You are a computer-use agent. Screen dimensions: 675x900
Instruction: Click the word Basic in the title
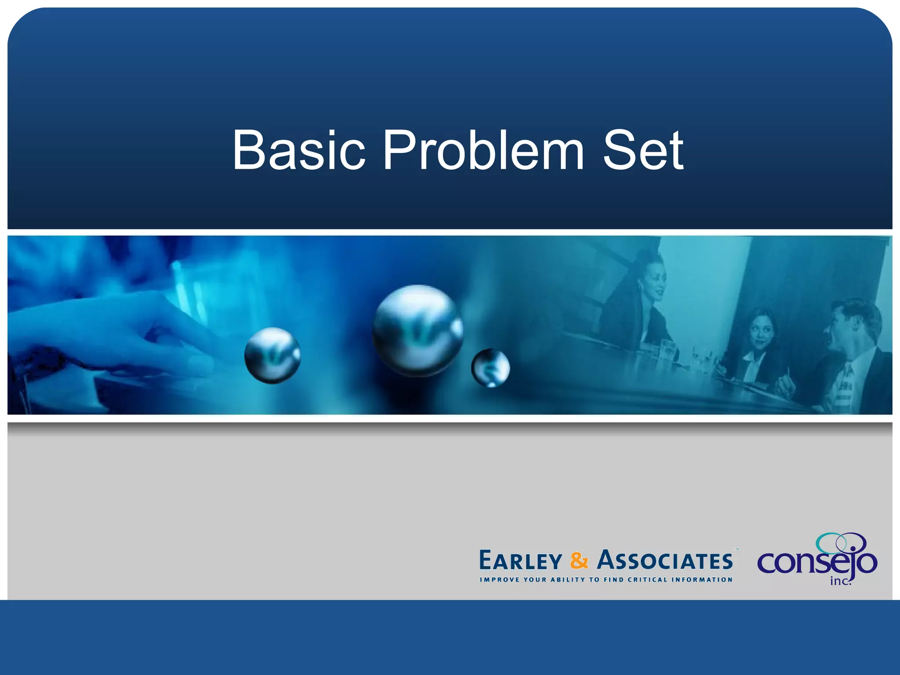pyautogui.click(x=298, y=150)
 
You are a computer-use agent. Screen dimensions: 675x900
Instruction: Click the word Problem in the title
pyautogui.click(x=483, y=150)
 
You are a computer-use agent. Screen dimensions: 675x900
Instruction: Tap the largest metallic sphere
pyautogui.click(x=417, y=330)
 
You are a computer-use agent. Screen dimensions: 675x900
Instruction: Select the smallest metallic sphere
pyautogui.click(x=490, y=368)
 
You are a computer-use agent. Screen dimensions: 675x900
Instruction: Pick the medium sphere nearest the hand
pyautogui.click(x=272, y=355)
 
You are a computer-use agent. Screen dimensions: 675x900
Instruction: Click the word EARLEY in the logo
pyautogui.click(x=521, y=561)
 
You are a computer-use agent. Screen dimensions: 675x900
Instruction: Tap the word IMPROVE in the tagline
pyautogui.click(x=500, y=580)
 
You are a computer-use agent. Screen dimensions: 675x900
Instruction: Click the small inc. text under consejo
pyautogui.click(x=840, y=581)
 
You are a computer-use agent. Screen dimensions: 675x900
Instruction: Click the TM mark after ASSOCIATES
pyautogui.click(x=737, y=549)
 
